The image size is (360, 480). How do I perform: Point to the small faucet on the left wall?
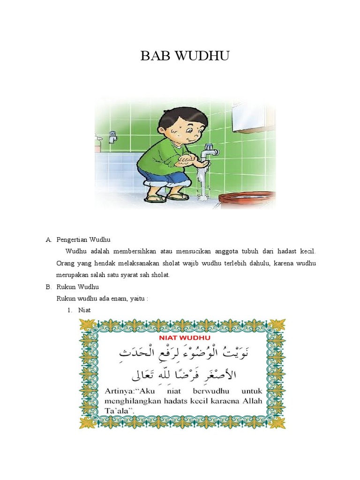[x=112, y=136]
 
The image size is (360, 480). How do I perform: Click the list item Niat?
[x=85, y=310]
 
